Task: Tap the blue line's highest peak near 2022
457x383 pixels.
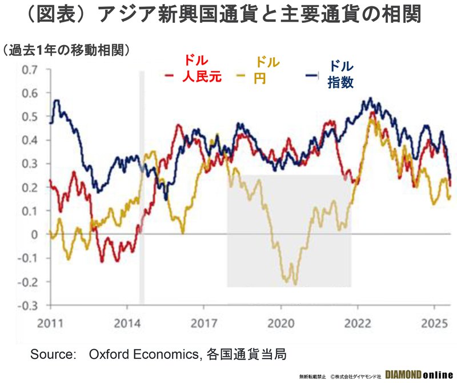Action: [370, 98]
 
